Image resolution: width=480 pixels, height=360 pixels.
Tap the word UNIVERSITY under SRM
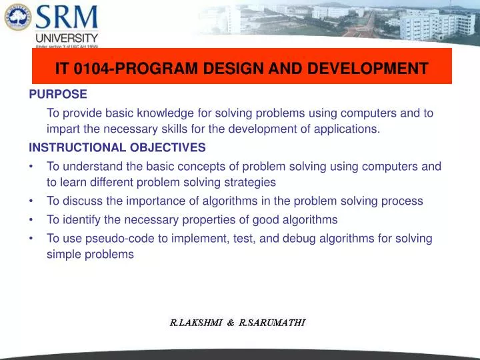pyautogui.click(x=67, y=39)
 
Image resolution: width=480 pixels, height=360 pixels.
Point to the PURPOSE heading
pyautogui.click(x=58, y=95)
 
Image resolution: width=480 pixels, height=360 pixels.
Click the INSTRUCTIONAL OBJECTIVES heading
pyautogui.click(x=117, y=147)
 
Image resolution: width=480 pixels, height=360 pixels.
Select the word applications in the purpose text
pyautogui.click(x=348, y=129)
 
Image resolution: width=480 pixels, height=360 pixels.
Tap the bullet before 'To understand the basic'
pyautogui.click(x=32, y=167)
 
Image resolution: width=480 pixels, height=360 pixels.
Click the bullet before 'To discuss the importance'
pyautogui.click(x=32, y=201)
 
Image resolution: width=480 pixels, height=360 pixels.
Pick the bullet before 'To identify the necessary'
pyautogui.click(x=32, y=219)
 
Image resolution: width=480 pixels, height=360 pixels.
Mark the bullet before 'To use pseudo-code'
pyautogui.click(x=32, y=238)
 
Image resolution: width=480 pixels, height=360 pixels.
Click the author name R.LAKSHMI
pyautogui.click(x=195, y=323)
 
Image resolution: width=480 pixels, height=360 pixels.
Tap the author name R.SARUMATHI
pyautogui.click(x=272, y=323)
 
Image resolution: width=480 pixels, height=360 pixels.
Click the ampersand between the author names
pyautogui.click(x=230, y=323)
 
